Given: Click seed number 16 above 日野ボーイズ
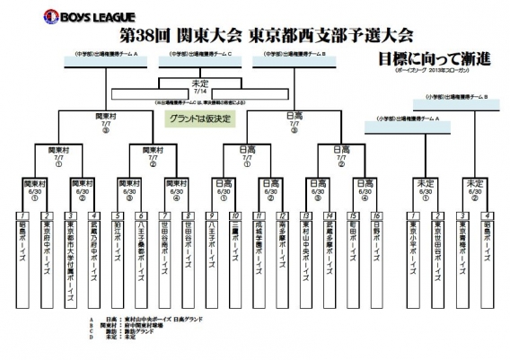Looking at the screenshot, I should click(377, 216).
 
